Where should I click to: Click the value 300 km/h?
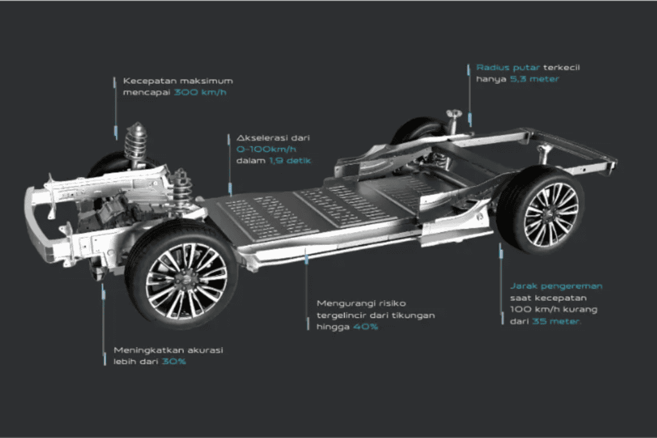click(200, 92)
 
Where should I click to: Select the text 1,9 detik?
click(290, 160)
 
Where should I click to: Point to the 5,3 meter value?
click(534, 79)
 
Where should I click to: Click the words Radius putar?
click(508, 67)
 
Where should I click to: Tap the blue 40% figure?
click(365, 326)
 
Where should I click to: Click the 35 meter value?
click(556, 321)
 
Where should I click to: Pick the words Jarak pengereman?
click(556, 287)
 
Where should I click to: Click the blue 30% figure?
click(174, 362)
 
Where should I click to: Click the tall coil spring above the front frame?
click(135, 144)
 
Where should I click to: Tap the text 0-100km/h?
click(266, 149)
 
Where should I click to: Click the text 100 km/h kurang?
click(554, 310)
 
